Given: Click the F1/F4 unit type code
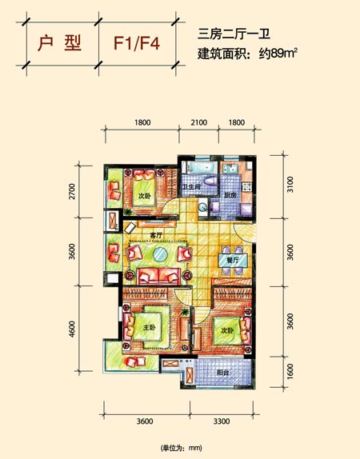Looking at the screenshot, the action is (x=137, y=44).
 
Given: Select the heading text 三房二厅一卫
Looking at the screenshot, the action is (x=234, y=34).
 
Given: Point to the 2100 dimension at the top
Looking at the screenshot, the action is (x=199, y=122).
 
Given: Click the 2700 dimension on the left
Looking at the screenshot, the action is (x=72, y=191).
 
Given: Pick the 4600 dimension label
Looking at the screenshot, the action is (x=72, y=329).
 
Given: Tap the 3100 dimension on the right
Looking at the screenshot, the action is (x=290, y=185).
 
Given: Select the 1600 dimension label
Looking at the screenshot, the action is (x=290, y=371).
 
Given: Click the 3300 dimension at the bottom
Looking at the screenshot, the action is (x=222, y=421).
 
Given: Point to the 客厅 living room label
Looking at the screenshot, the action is (x=156, y=235).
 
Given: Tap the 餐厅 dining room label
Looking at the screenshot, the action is (x=233, y=260).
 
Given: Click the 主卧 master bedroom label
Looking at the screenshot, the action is (x=150, y=328).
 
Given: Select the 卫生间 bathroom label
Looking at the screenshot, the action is (x=191, y=186).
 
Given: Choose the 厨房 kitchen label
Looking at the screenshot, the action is (x=230, y=195).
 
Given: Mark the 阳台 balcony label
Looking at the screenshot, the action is (x=222, y=373).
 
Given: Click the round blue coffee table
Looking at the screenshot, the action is (x=160, y=254).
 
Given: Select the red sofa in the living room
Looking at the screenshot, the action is (x=158, y=277).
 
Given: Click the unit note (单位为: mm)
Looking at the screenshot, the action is (x=182, y=448).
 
